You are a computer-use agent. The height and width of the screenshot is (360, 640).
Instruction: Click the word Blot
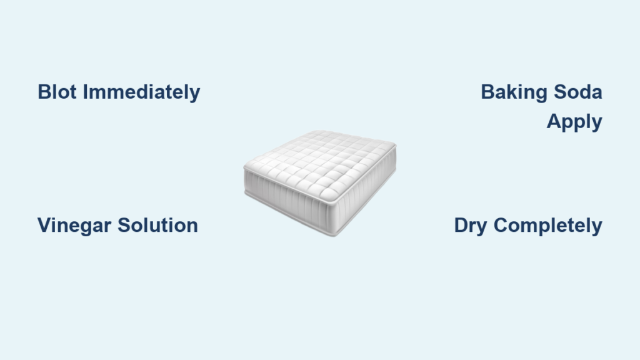coord(57,92)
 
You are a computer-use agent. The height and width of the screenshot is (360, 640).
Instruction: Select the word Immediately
coord(142,92)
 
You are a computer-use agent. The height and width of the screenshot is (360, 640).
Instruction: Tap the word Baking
coord(514,92)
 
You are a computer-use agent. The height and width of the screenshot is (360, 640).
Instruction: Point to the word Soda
coord(578,92)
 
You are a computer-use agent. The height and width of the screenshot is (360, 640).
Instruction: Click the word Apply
coord(574,122)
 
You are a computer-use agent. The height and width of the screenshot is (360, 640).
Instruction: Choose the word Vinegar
coord(74,226)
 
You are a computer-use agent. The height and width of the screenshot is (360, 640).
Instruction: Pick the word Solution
coord(158,225)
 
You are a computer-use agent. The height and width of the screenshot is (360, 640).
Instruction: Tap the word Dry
coord(470,226)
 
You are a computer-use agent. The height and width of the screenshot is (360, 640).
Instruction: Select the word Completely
coord(547,226)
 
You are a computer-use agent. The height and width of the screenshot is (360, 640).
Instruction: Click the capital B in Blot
coord(45,92)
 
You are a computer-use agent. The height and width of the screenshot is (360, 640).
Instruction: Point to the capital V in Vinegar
coord(45,225)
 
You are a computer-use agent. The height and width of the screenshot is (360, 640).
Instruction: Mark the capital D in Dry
coord(462,225)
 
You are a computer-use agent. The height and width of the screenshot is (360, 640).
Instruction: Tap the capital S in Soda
coord(561,92)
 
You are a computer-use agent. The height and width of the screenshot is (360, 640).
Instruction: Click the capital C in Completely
coord(501,225)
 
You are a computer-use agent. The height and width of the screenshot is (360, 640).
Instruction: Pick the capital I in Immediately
coord(85,92)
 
